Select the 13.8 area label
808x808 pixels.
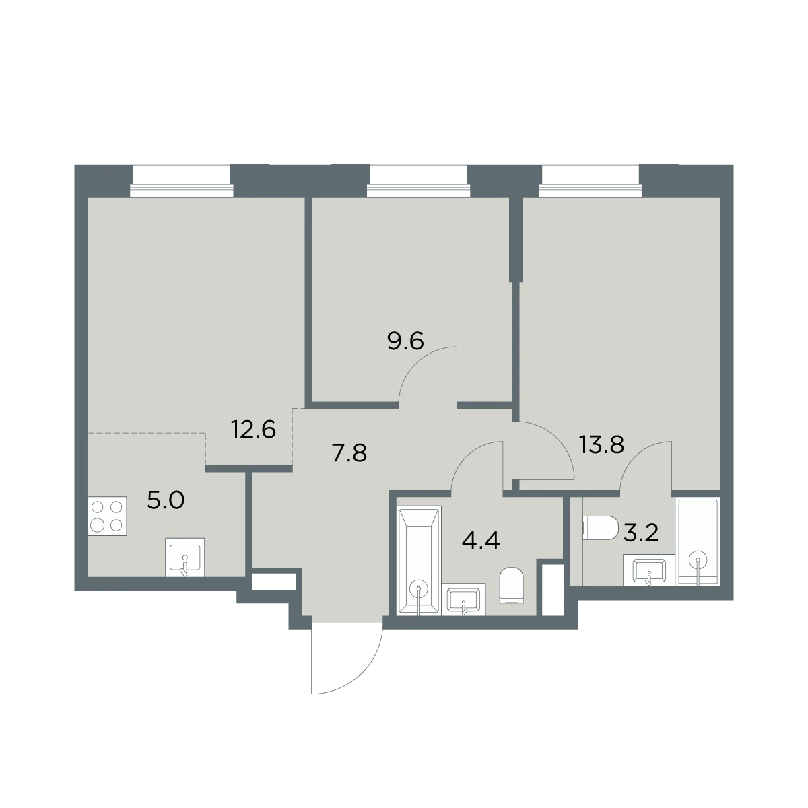[602, 445]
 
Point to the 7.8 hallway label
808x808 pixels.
[349, 453]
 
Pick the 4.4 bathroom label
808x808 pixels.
[481, 541]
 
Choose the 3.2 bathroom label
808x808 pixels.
[641, 534]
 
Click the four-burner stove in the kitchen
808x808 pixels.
[107, 516]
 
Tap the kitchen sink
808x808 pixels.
[185, 558]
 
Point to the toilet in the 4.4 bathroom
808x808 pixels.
[512, 585]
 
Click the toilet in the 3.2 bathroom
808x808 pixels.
[601, 529]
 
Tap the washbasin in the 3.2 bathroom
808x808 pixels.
[648, 570]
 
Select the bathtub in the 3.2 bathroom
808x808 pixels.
[698, 542]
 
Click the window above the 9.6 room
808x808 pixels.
[417, 181]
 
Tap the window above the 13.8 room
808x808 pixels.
[591, 181]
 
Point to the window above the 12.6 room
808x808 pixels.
[182, 181]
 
